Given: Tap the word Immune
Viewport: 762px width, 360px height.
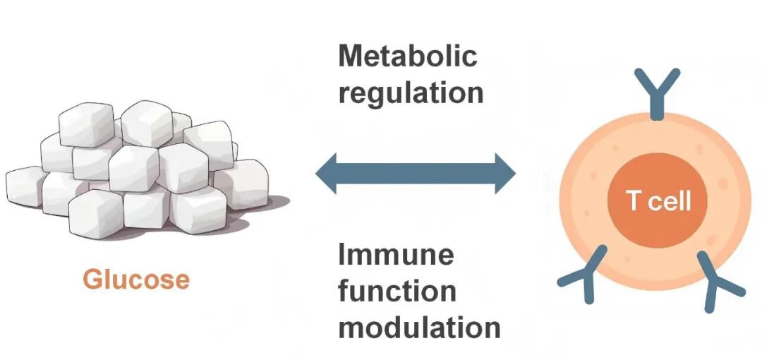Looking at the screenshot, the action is tap(396, 254).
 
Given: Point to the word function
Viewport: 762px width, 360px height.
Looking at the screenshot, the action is tap(397, 290).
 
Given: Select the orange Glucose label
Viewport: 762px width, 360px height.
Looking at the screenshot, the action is tap(136, 280).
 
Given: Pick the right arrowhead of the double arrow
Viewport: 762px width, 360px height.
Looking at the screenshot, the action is tap(505, 173).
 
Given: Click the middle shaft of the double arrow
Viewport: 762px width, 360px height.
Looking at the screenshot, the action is tap(416, 173).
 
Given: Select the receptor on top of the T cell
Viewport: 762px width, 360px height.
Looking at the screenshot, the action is tap(657, 92).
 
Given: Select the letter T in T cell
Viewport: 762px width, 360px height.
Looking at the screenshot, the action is tap(634, 200).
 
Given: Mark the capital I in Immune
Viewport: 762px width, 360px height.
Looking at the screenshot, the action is tap(342, 254).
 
